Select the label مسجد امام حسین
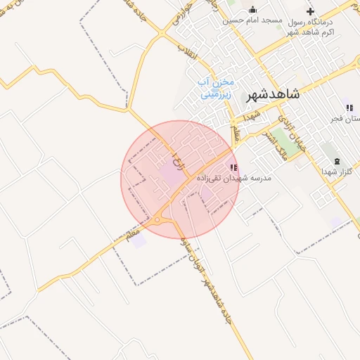click(x=252, y=20)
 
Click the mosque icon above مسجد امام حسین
click(x=252, y=10)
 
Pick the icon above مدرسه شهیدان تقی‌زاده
click(x=234, y=167)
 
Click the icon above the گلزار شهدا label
click(x=336, y=160)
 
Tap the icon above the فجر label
click(x=348, y=108)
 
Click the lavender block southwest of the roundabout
click(x=139, y=241)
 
